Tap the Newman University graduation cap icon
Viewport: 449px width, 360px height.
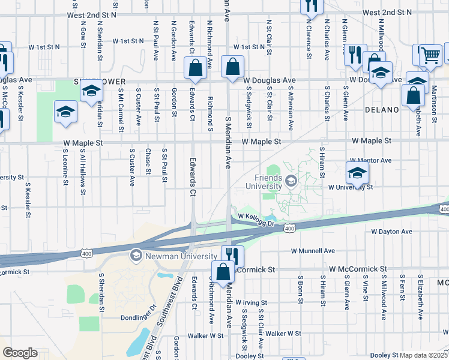[x=136, y=256]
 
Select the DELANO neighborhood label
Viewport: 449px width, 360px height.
[x=382, y=110]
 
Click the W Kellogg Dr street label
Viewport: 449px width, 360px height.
[x=256, y=220]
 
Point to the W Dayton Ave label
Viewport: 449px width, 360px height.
[x=391, y=232]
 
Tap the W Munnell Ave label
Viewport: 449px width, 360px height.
[x=312, y=251]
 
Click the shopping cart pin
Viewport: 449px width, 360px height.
[x=429, y=55]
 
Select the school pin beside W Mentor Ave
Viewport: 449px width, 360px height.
[x=357, y=173]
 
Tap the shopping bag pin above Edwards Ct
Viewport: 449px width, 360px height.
[x=196, y=70]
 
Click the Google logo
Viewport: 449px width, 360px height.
[x=20, y=353]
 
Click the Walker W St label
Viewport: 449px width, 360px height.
[x=283, y=333]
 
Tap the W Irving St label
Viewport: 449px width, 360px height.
[x=251, y=302]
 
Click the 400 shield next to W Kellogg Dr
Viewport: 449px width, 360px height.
[x=290, y=229]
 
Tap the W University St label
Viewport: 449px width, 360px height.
[x=351, y=187]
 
